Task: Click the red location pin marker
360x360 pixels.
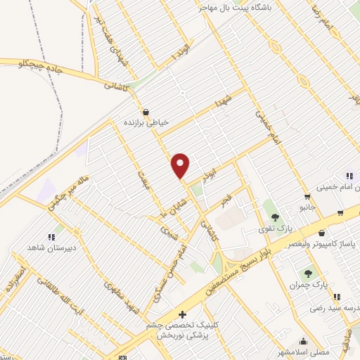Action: pos(181,165)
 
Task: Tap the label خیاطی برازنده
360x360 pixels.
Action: pos(147,122)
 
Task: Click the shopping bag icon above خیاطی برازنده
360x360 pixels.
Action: pos(146,112)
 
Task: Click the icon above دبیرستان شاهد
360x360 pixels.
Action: pos(51,237)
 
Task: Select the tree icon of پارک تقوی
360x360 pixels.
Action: pos(274,217)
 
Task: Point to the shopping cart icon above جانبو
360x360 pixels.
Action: pos(307,196)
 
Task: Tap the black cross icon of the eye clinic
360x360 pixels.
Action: pos(182,314)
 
